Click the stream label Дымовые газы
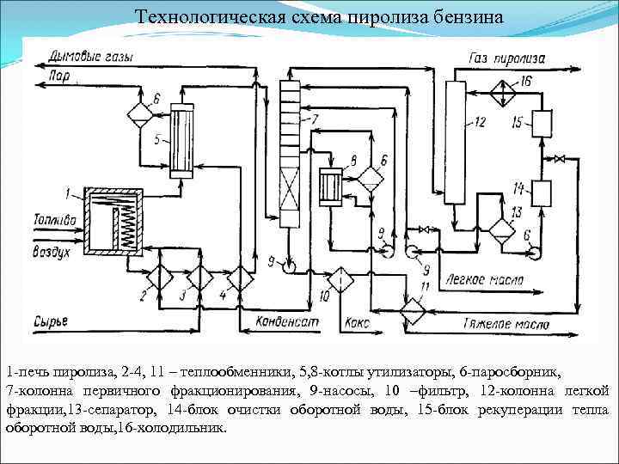tap(91, 58)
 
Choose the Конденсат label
tap(287, 322)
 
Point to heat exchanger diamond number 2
tap(159, 277)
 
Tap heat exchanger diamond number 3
tap(199, 277)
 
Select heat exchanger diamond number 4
tap(240, 277)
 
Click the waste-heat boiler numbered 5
tap(182, 140)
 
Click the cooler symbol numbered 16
tap(502, 89)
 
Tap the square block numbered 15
tap(541, 124)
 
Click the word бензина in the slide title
tap(450, 17)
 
